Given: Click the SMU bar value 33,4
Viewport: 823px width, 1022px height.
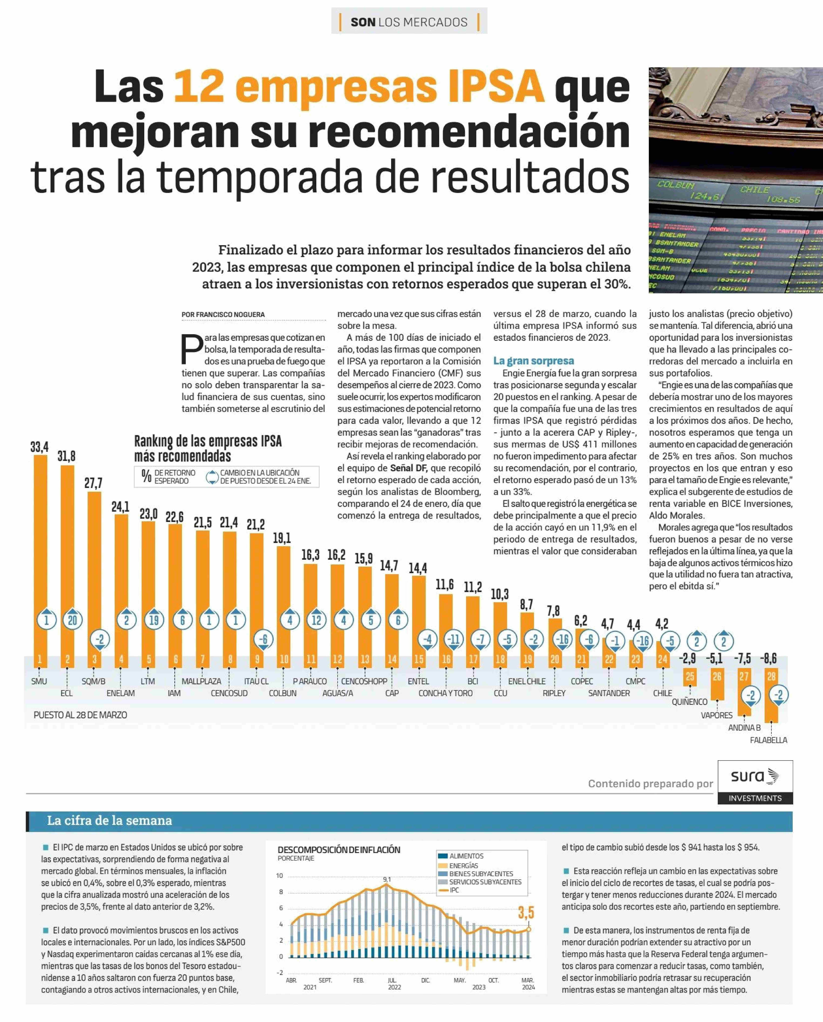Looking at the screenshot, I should coord(39,447).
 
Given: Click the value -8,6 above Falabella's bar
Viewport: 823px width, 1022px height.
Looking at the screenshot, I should coord(768,658).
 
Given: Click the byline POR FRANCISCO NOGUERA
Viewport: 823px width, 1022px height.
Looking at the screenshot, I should coord(223,314).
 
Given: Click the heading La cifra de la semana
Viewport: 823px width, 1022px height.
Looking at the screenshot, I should coord(110,820).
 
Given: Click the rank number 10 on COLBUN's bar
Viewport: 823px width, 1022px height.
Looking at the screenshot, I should coord(284,659).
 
